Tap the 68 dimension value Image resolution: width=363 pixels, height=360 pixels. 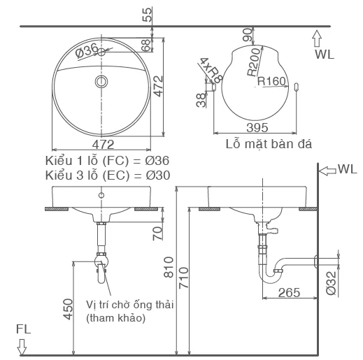[145, 45]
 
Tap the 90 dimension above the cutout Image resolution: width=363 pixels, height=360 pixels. [247, 35]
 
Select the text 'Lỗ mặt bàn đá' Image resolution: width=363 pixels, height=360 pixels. [268, 144]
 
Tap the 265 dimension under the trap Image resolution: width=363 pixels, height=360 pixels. [292, 292]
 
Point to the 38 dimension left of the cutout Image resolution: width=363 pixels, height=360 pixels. [201, 100]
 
